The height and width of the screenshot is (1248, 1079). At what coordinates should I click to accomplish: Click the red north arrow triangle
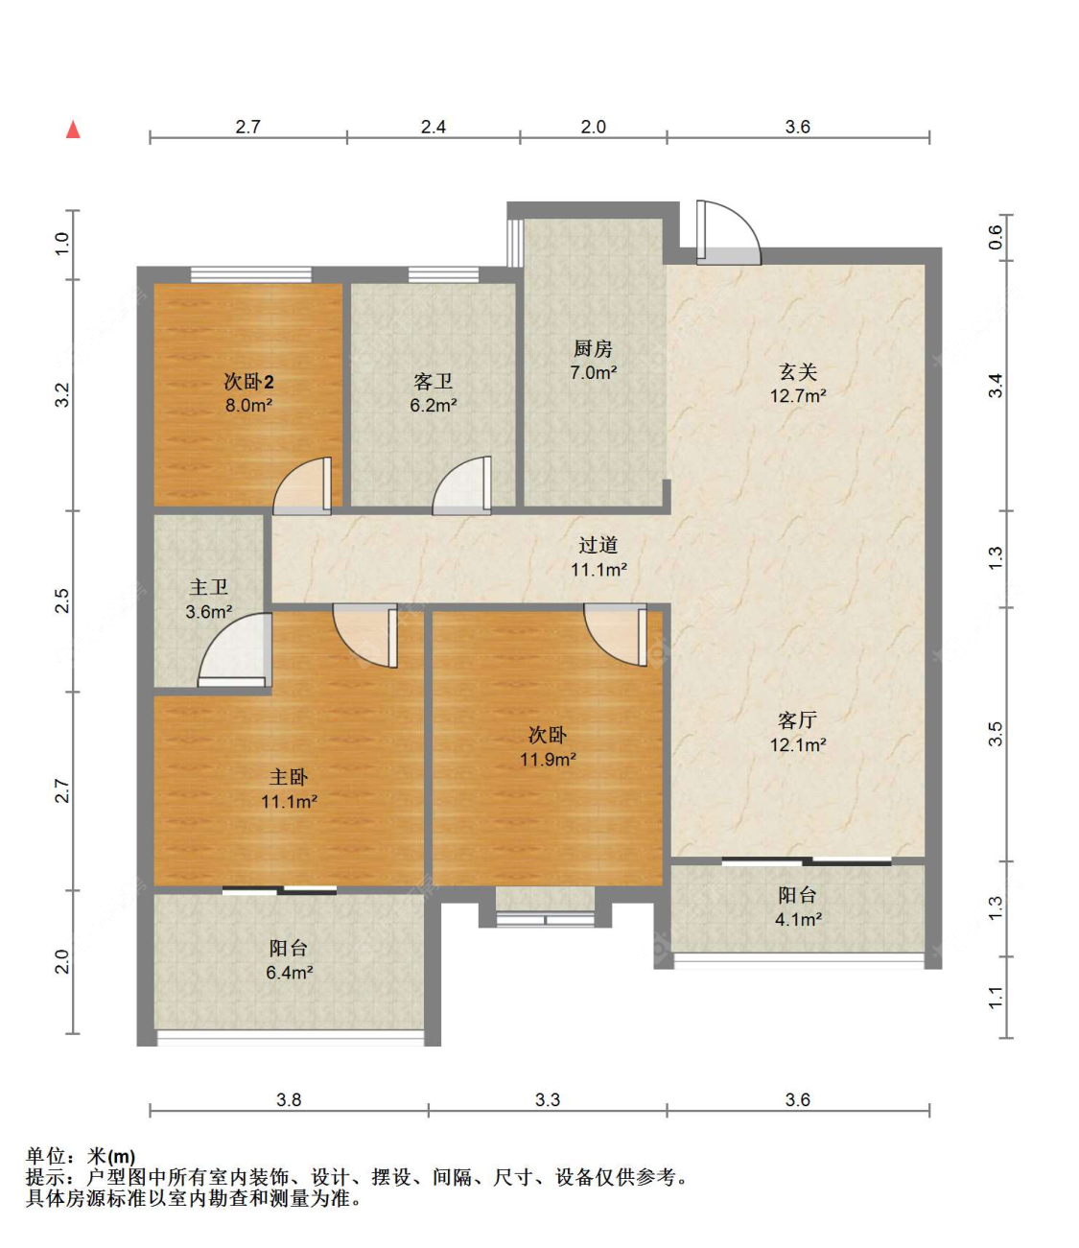73,130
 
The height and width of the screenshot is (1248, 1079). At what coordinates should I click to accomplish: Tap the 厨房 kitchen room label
593,348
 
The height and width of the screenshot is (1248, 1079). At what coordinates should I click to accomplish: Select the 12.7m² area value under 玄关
798,396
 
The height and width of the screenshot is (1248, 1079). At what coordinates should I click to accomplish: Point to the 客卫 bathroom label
433,382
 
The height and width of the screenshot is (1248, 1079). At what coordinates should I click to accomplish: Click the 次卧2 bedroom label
248,382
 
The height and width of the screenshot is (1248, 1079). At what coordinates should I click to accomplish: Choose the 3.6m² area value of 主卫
209,612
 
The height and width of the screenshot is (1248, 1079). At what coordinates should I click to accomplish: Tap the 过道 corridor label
598,545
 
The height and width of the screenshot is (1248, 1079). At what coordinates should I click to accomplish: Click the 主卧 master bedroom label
289,778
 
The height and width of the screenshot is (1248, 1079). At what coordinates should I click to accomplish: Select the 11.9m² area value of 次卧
548,760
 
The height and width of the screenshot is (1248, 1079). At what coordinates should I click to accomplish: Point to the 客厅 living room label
797,720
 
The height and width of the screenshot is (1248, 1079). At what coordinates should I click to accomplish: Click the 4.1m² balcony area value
798,920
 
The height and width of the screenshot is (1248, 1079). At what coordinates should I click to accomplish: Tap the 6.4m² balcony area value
290,973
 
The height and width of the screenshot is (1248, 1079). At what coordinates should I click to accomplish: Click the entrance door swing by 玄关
728,233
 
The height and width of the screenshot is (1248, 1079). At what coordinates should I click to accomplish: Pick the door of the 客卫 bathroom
462,486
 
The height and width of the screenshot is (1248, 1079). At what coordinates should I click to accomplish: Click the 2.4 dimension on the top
433,127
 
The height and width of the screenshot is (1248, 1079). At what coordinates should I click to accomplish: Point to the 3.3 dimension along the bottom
547,1100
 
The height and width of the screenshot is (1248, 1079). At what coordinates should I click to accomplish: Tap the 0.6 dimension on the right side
996,237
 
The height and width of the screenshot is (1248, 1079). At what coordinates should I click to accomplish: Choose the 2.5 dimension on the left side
62,600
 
